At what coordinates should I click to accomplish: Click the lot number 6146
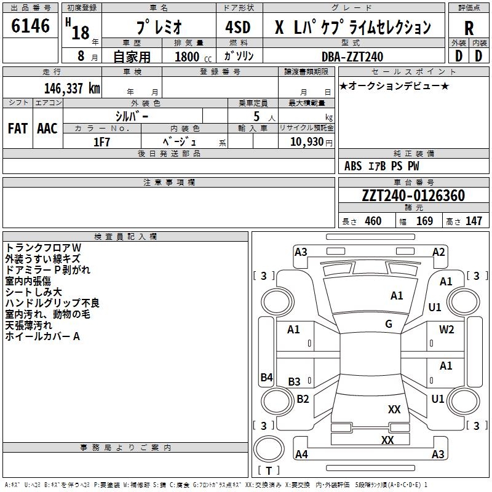coord(31,26)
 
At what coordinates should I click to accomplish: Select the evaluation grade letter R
coord(469,28)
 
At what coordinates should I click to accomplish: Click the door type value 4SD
coord(239,28)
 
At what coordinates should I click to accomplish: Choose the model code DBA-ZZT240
coord(352,57)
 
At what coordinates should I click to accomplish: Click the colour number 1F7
coord(101,141)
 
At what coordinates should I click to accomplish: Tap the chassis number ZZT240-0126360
coord(413,196)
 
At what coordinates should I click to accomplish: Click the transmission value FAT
coord(17,129)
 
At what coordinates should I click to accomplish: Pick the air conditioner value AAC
coord(47,129)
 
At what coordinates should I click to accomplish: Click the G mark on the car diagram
coord(389,324)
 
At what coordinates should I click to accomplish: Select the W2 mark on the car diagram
coord(446,330)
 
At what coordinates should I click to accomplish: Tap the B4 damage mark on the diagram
coord(266,378)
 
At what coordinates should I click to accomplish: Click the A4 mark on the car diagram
coord(301,454)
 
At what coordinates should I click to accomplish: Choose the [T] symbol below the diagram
coord(269,471)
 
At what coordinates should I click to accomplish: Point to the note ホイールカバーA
coord(42,336)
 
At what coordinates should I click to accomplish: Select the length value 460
coord(373,221)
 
